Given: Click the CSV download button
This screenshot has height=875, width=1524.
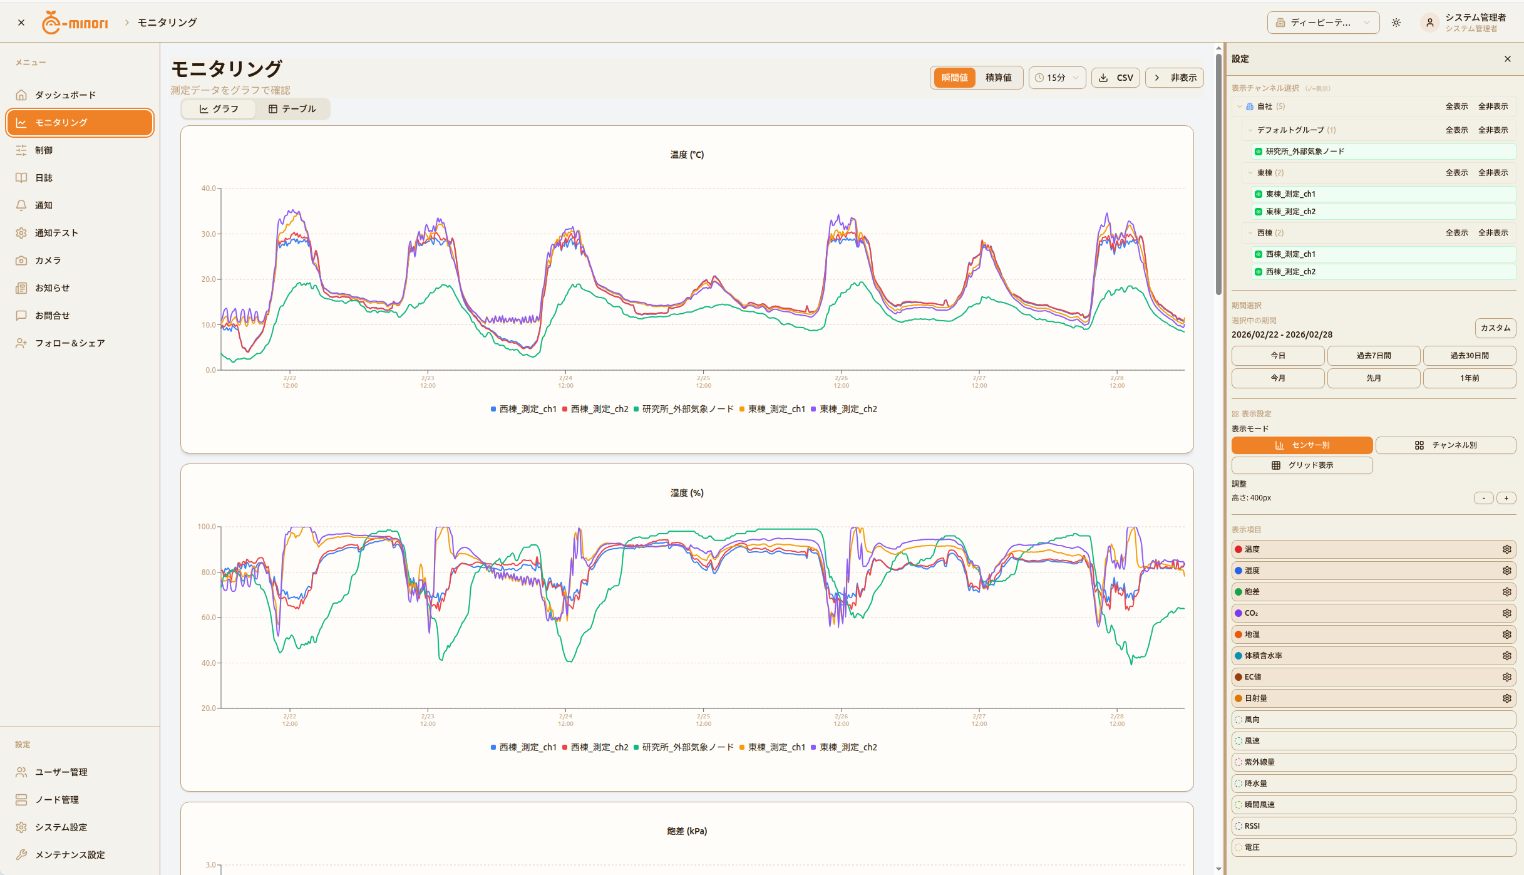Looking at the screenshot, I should [x=1116, y=78].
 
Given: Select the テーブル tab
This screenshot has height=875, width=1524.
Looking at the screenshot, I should [x=292, y=109].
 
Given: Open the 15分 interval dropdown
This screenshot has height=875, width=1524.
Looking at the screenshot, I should [x=1056, y=78].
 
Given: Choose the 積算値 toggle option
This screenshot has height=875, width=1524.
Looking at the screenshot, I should [x=998, y=78].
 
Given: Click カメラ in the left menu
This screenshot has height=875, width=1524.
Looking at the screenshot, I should [x=48, y=261].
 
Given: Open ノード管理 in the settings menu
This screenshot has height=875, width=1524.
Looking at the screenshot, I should [x=57, y=800].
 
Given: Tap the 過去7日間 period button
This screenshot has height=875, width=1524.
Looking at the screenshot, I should [x=1373, y=356].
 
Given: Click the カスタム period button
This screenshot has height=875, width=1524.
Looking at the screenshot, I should [x=1495, y=328].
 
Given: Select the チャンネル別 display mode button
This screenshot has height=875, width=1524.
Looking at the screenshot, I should [x=1445, y=445].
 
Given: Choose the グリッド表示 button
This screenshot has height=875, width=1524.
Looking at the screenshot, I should [x=1302, y=465].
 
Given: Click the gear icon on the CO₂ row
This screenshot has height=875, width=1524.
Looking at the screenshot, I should [x=1506, y=613].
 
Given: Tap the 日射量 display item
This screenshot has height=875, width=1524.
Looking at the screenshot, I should [x=1255, y=698].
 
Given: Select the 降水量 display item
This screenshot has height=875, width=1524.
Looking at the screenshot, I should [x=1255, y=784].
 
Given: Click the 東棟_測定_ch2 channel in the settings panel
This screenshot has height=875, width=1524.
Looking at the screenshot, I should [x=1290, y=212].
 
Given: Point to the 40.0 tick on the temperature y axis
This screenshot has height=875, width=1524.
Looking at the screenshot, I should [x=209, y=189].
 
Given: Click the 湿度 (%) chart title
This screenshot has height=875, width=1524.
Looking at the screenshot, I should [x=687, y=493].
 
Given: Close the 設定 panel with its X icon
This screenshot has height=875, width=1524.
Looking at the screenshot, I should [x=1507, y=59].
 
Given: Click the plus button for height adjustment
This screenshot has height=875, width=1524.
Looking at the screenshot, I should [x=1506, y=498].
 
